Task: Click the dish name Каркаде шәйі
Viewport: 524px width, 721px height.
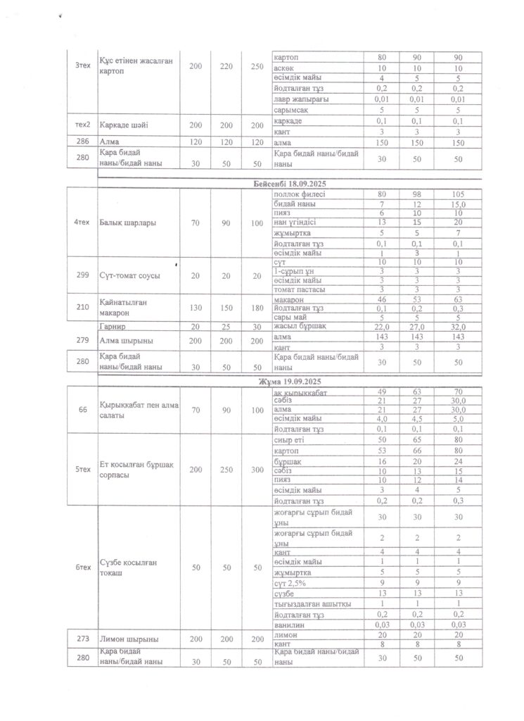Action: pyautogui.click(x=124, y=124)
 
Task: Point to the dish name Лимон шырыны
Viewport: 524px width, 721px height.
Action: pyautogui.click(x=128, y=639)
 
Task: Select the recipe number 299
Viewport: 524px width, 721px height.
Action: pyautogui.click(x=81, y=275)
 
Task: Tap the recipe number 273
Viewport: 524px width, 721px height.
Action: pyautogui.click(x=81, y=639)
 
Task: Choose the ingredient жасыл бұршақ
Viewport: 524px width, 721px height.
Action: pyautogui.click(x=299, y=326)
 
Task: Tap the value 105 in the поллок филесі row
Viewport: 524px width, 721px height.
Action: pyautogui.click(x=457, y=193)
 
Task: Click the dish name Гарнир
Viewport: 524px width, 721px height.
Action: pyautogui.click(x=114, y=327)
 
